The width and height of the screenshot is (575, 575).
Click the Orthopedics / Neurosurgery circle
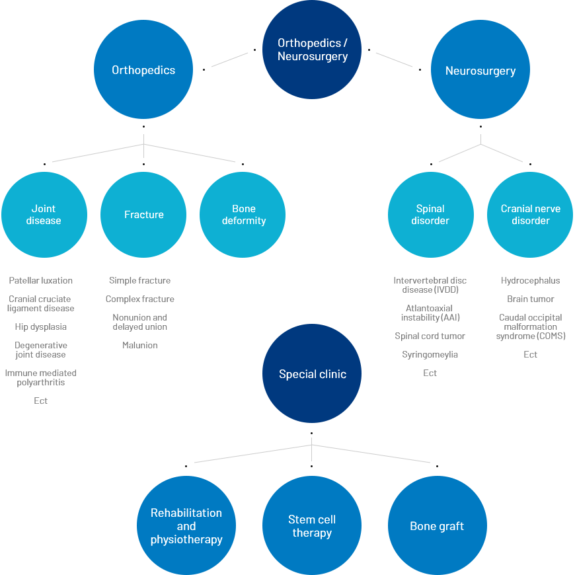tap(312, 50)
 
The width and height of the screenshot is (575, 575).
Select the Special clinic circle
tap(312, 373)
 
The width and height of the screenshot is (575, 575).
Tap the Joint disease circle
tap(44, 215)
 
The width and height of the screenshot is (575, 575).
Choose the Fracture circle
tap(143, 215)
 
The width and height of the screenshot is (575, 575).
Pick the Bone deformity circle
tap(243, 215)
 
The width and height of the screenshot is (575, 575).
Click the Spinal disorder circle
tap(431, 215)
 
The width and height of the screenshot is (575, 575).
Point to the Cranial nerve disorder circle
tap(530, 215)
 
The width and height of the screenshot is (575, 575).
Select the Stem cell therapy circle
tap(312, 525)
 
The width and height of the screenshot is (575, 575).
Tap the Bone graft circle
tap(438, 525)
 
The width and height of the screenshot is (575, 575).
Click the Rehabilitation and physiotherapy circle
tap(186, 525)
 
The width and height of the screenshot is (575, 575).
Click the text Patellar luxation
tap(41, 280)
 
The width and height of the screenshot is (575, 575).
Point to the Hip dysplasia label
tap(41, 326)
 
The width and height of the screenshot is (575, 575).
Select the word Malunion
tap(140, 345)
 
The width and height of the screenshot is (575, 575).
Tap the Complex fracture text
tap(140, 299)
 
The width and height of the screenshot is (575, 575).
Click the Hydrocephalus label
tap(530, 280)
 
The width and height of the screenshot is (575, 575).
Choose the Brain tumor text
tap(530, 299)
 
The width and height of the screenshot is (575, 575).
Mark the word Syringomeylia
tap(430, 355)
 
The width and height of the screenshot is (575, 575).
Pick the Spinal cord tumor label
tap(430, 336)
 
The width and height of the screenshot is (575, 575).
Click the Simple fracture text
tap(140, 280)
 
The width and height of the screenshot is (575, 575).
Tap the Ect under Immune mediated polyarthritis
tap(41, 401)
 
